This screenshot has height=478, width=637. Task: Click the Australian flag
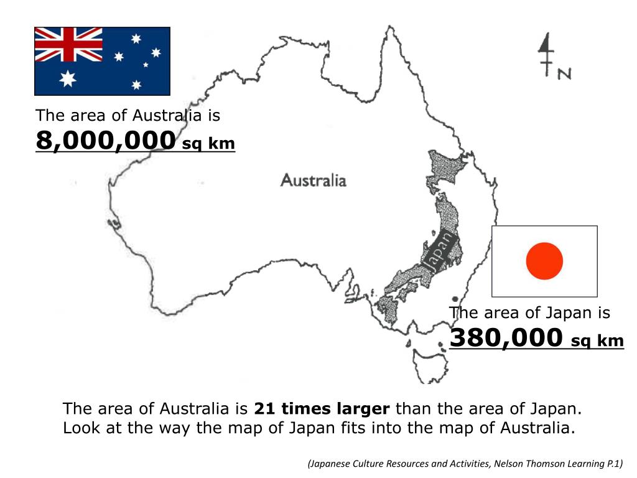point(102,60)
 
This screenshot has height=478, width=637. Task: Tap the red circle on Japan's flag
point(544,261)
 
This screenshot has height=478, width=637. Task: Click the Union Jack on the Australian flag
point(68,44)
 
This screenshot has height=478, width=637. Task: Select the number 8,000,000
point(105,141)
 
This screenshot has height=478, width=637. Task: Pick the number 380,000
point(506,338)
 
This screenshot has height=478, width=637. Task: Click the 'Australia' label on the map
point(314,180)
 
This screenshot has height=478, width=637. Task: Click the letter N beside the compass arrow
point(564,73)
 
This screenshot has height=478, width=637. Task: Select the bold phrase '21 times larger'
point(322,409)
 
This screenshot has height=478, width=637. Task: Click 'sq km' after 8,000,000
point(208,144)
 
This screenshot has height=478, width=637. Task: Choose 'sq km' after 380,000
point(597,340)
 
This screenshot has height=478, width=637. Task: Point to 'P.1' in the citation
point(612,463)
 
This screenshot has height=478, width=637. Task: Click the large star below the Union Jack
point(67,78)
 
